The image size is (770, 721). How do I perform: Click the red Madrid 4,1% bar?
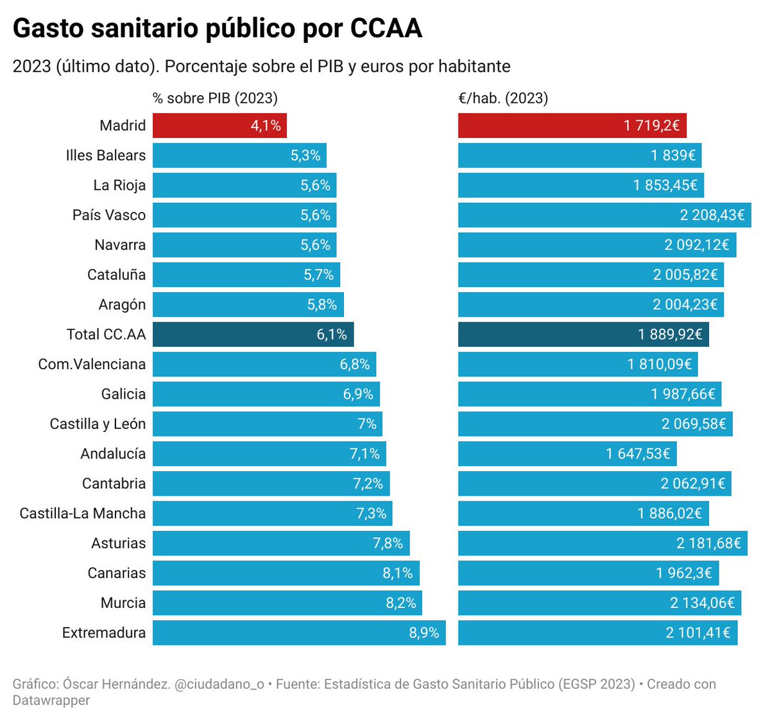(219, 126)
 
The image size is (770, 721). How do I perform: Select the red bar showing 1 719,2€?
(572, 126)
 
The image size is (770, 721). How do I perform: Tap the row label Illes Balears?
(105, 155)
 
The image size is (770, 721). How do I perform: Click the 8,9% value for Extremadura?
(424, 633)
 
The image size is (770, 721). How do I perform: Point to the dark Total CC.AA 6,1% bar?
(253, 334)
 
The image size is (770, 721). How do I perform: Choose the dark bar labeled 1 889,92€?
(583, 334)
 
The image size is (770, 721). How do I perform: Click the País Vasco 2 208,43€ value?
(712, 215)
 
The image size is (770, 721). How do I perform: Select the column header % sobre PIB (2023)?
(215, 98)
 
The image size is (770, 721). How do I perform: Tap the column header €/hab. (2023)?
(503, 98)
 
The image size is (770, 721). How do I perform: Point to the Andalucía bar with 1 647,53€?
(567, 454)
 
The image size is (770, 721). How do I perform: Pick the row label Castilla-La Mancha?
(83, 514)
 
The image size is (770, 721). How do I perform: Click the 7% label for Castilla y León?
(367, 424)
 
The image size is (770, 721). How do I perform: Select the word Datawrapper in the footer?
(51, 700)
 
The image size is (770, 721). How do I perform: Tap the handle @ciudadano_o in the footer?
(219, 684)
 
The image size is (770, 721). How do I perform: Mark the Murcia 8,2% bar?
(287, 603)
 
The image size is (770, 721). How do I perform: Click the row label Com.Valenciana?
(92, 365)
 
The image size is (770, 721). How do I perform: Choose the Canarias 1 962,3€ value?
(683, 573)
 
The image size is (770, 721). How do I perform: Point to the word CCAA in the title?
(386, 29)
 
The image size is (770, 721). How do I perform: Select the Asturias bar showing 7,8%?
(281, 543)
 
